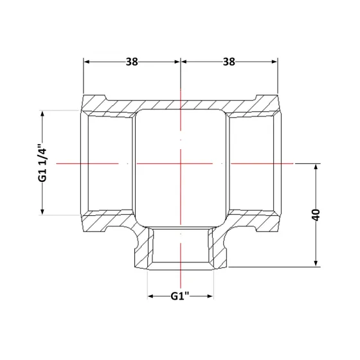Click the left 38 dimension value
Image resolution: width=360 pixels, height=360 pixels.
pos(132,62)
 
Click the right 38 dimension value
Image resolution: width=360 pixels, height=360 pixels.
pos(229,62)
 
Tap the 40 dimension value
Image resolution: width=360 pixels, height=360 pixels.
pos(316,215)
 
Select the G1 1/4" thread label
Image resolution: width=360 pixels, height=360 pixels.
pos(42,163)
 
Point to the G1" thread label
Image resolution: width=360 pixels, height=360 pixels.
pos(180,296)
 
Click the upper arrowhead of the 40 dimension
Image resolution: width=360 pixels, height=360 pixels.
pos(316,166)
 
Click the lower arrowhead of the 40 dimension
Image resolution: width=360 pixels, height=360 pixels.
pos(316,264)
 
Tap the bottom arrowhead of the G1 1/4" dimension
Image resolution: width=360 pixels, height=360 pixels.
pos(42,212)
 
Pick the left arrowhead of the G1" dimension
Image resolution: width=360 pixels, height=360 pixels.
pos(150,296)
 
